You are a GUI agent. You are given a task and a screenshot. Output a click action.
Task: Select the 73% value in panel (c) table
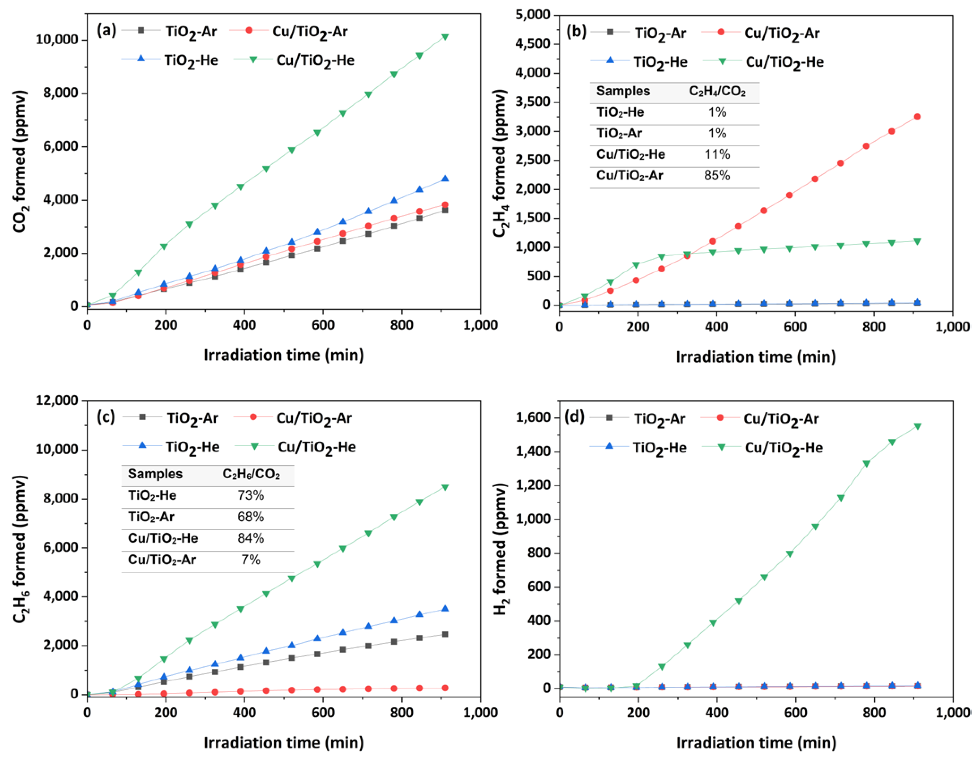click(251, 495)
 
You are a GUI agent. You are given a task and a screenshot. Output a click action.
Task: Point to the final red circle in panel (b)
click(917, 117)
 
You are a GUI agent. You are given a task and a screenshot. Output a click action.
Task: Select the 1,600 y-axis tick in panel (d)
click(534, 417)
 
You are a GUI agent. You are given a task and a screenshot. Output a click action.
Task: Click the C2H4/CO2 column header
click(717, 91)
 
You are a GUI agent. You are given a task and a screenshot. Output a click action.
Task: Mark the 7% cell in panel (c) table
click(251, 559)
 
